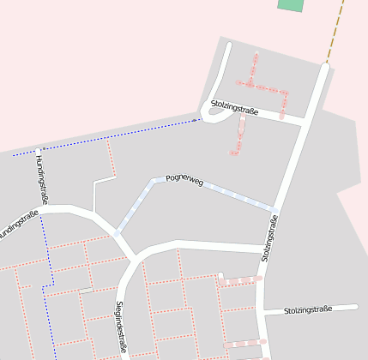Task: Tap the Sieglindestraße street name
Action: (120, 327)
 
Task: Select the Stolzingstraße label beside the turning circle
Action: (234, 106)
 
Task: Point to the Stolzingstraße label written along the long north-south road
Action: (270, 237)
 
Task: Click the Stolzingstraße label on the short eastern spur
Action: (307, 309)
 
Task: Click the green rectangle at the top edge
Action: (291, 4)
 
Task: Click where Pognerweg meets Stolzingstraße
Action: (275, 210)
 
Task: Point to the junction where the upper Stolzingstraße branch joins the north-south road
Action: (305, 121)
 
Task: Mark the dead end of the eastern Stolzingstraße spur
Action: (354, 306)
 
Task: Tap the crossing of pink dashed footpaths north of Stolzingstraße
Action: (250, 84)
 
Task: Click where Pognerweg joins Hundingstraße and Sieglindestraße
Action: (117, 232)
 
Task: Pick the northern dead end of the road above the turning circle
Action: (228, 45)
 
